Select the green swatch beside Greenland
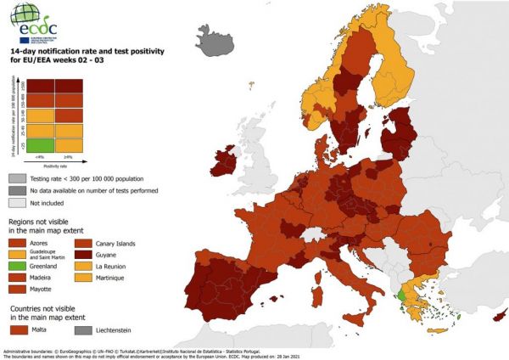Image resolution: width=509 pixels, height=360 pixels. [x=19, y=266]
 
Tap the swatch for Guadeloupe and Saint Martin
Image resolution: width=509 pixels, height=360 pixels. [x=19, y=254]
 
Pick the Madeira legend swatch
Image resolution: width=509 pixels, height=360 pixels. [x=19, y=278]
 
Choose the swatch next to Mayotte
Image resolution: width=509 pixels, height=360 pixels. [x=19, y=290]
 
